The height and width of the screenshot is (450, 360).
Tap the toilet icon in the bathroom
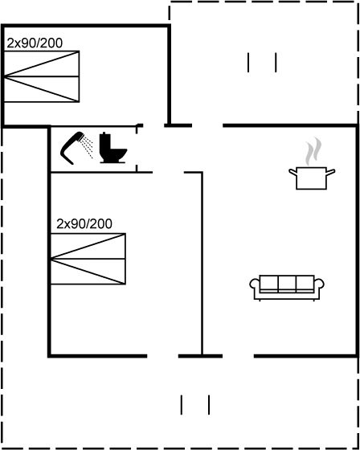click(112, 148)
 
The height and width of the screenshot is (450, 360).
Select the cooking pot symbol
click(312, 178)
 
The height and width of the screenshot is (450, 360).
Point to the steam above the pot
click(313, 151)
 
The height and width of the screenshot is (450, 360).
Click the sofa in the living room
click(287, 288)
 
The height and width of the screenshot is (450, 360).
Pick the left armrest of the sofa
click(254, 284)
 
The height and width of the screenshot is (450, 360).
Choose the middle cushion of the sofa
click(287, 284)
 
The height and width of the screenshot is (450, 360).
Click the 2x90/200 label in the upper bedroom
click(35, 43)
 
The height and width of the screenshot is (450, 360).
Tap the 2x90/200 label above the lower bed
click(84, 224)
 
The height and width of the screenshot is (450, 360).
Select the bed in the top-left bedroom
click(42, 76)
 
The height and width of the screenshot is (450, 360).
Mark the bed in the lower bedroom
click(88, 259)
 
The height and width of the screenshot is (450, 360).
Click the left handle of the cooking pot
click(292, 172)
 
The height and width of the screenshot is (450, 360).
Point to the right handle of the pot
click(331, 172)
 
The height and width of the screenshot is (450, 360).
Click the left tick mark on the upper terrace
click(248, 63)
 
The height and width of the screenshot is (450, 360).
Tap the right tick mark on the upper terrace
click(276, 63)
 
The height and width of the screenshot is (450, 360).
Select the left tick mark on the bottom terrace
click(181, 405)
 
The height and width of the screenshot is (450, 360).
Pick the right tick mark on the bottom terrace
click(209, 405)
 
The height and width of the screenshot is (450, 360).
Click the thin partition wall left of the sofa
click(202, 264)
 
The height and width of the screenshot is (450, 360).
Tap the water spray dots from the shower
click(87, 147)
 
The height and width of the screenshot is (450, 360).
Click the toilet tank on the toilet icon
click(104, 143)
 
